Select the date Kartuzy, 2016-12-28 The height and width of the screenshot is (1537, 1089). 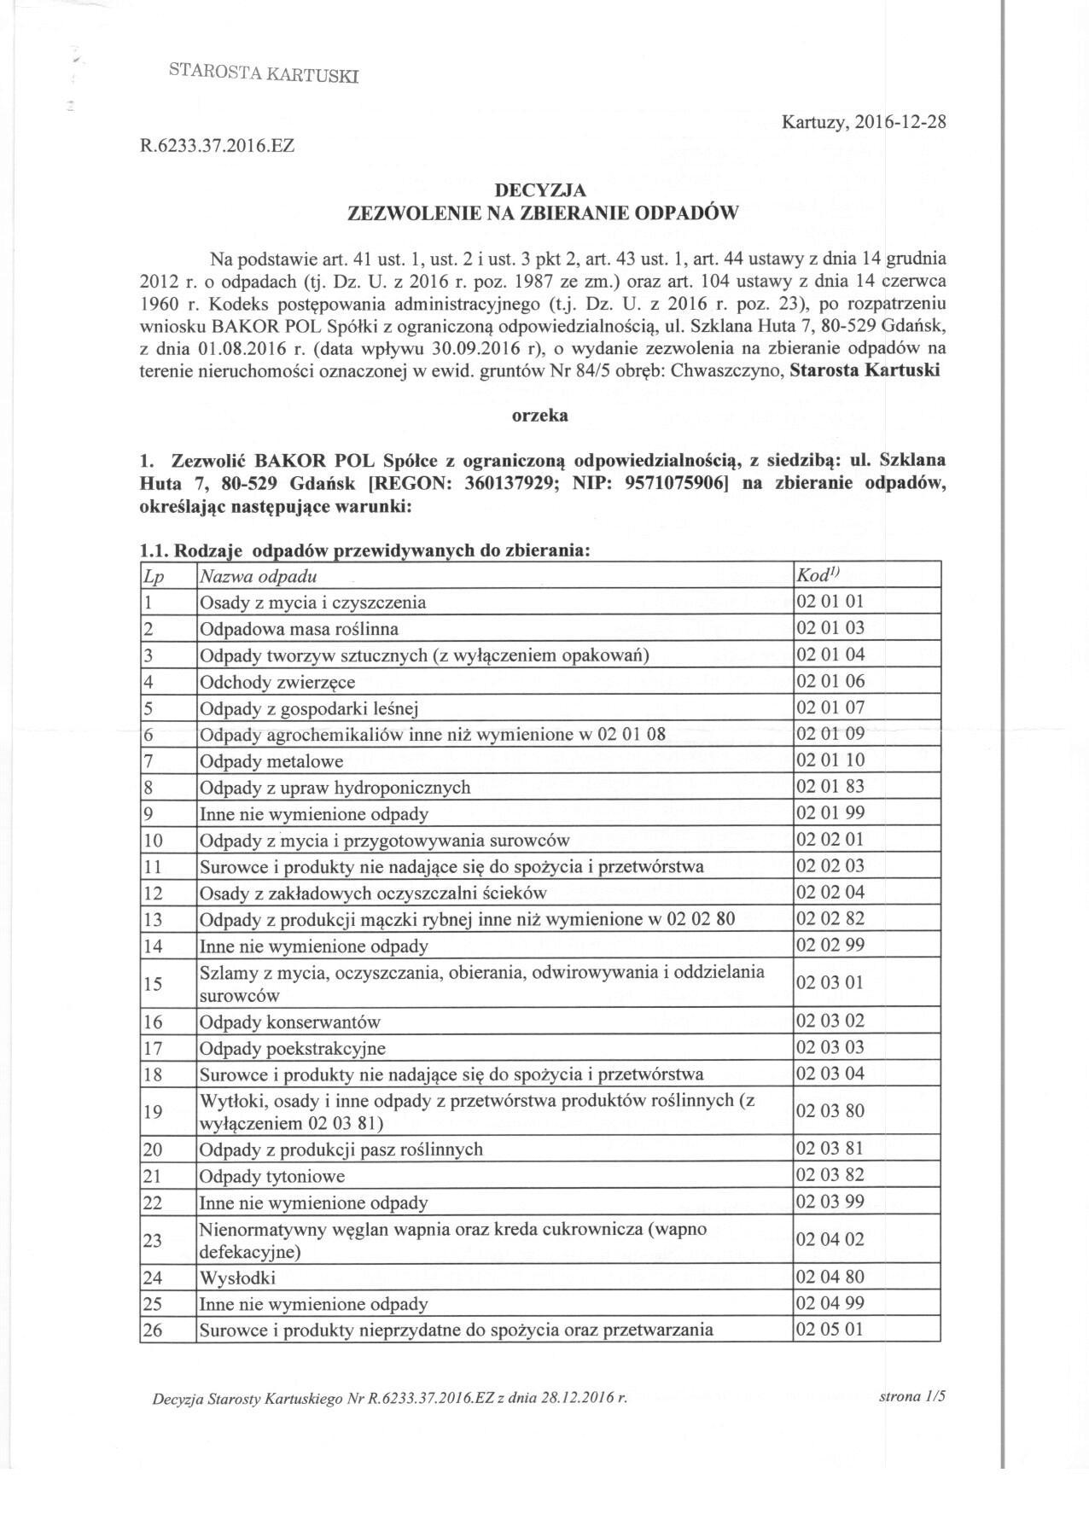pyautogui.click(x=864, y=122)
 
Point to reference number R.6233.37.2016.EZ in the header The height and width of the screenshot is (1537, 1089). pyautogui.click(x=217, y=146)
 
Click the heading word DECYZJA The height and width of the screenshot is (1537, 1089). pyautogui.click(x=543, y=190)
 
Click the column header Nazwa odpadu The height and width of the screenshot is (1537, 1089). pyautogui.click(x=259, y=576)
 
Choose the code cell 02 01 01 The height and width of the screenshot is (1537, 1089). pyautogui.click(x=830, y=602)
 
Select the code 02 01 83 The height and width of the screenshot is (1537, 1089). pyautogui.click(x=830, y=787)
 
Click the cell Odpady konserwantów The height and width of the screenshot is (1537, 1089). pyautogui.click(x=289, y=1022)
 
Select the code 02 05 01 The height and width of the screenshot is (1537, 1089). pyautogui.click(x=830, y=1329)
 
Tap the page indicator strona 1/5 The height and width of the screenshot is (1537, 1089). pyautogui.click(x=912, y=1397)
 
